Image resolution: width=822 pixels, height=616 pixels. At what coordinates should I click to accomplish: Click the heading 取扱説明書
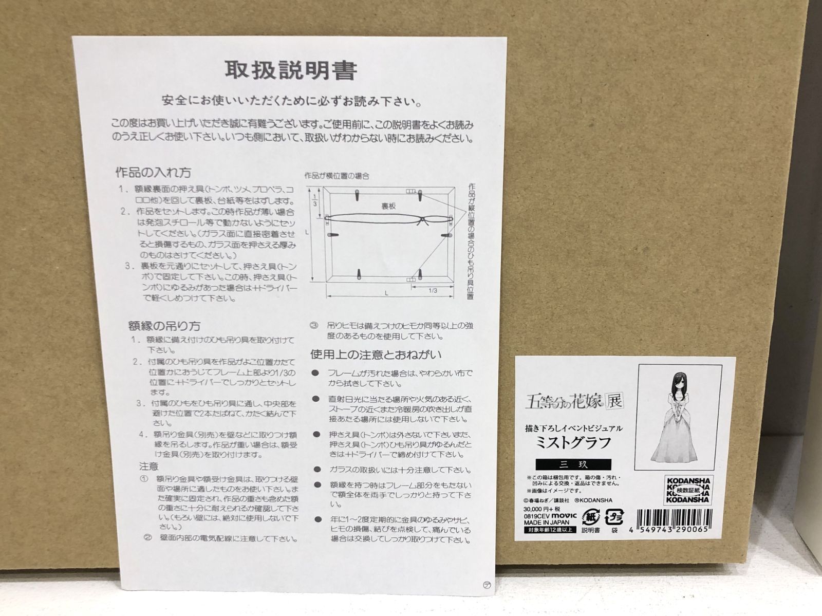291,71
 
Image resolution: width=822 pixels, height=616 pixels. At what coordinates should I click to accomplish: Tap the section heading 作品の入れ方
153,172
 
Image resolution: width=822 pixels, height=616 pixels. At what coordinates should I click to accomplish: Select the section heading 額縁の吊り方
164,326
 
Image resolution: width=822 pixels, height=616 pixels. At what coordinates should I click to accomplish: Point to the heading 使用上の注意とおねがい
376,354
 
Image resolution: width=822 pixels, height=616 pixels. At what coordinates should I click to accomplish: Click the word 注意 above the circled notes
149,466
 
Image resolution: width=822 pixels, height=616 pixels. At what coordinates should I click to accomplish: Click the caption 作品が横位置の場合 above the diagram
337,176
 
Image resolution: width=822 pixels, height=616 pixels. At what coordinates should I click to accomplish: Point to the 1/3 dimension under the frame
433,291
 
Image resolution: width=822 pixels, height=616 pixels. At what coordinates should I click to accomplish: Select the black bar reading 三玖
573,464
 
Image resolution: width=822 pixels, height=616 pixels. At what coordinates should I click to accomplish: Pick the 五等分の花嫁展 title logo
574,400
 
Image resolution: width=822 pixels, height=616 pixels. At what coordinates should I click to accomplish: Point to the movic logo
565,515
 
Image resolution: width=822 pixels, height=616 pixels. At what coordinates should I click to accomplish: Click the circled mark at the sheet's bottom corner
487,585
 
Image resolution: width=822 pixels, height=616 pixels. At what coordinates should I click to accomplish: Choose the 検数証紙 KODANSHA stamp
688,491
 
